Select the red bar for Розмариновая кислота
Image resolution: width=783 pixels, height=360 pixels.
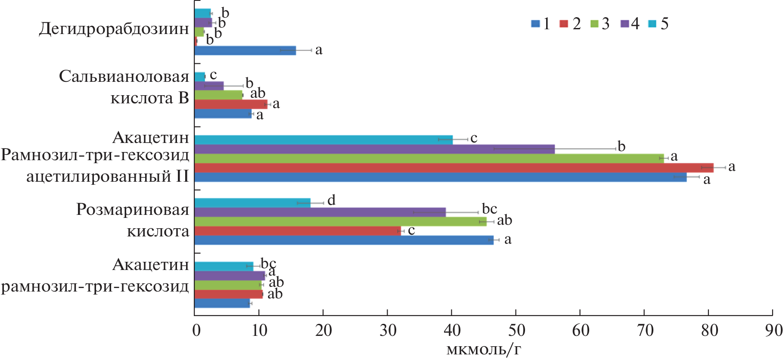297,231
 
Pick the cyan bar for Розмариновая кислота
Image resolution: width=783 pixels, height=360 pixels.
252,203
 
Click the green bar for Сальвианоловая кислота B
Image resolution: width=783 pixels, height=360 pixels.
218,95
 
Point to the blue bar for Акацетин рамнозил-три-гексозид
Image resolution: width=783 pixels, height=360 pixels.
222,304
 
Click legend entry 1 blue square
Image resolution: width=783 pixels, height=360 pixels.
535,24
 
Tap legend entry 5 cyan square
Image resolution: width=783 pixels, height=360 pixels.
652,24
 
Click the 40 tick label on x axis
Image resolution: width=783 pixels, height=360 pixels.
452,330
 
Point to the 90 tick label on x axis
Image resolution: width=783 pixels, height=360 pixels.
773,330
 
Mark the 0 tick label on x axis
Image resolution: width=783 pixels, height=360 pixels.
196,330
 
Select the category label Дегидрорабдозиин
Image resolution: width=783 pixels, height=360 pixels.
114,29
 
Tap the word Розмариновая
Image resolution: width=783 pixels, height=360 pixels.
133,210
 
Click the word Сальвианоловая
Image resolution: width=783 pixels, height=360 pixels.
124,77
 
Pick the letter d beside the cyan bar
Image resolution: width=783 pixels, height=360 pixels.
331,200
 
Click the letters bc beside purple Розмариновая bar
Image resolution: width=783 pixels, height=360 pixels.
489,209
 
